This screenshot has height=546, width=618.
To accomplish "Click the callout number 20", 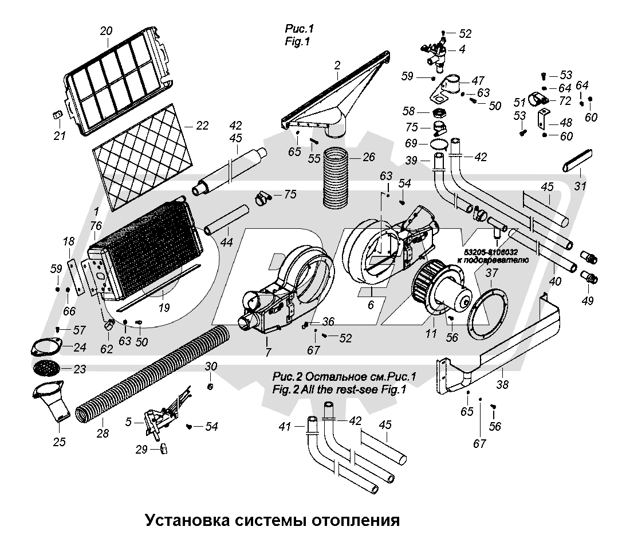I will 106,32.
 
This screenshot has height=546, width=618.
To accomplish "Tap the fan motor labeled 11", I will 444,292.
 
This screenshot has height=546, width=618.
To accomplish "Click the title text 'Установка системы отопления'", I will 271,521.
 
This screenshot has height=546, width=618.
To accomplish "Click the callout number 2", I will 337,65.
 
